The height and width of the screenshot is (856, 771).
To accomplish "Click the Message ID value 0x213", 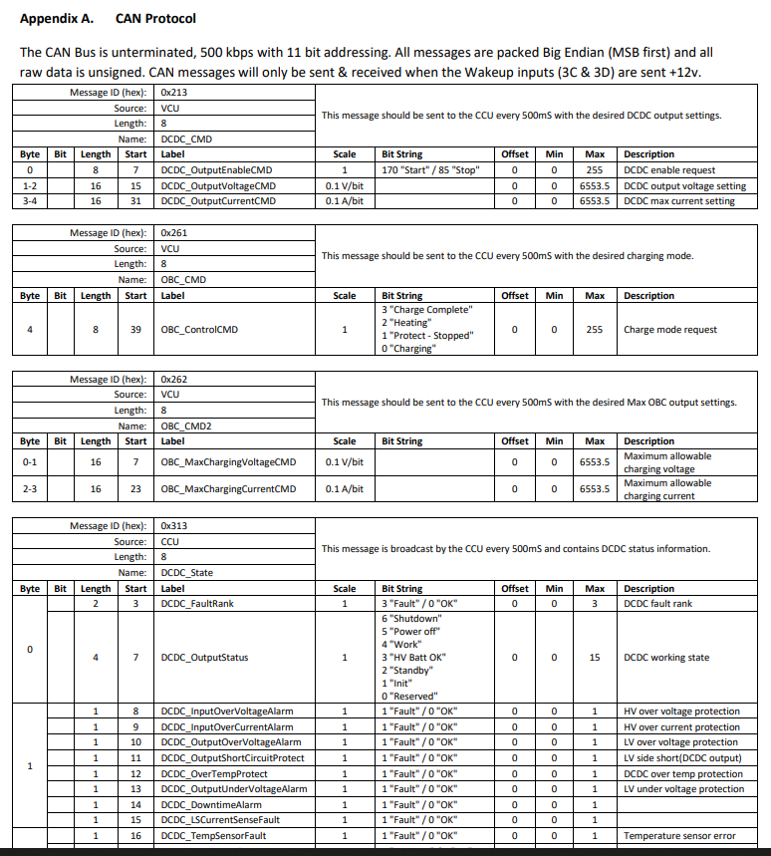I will pyautogui.click(x=173, y=92).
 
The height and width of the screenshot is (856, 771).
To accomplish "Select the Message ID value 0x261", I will pyautogui.click(x=173, y=233).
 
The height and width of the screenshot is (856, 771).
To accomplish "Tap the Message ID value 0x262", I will pyautogui.click(x=173, y=380).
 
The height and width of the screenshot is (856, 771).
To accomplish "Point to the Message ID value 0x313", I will pyautogui.click(x=173, y=525).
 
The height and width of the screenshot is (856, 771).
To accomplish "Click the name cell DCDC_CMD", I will pyautogui.click(x=186, y=139).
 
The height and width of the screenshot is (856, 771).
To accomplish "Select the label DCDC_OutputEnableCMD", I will pyautogui.click(x=216, y=170).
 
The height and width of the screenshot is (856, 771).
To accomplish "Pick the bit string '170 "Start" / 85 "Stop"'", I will pyautogui.click(x=430, y=170).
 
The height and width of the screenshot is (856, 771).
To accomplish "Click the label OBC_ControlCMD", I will pyautogui.click(x=199, y=330).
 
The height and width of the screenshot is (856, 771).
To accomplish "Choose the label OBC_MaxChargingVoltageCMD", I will pyautogui.click(x=228, y=462).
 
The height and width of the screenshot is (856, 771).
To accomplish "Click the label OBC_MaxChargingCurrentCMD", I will pyautogui.click(x=228, y=489).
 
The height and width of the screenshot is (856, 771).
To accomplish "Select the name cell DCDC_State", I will pyautogui.click(x=187, y=573).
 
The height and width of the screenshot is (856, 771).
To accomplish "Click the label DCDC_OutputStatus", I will pyautogui.click(x=204, y=658).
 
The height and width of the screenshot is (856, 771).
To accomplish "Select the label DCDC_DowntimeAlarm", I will pyautogui.click(x=211, y=804).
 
